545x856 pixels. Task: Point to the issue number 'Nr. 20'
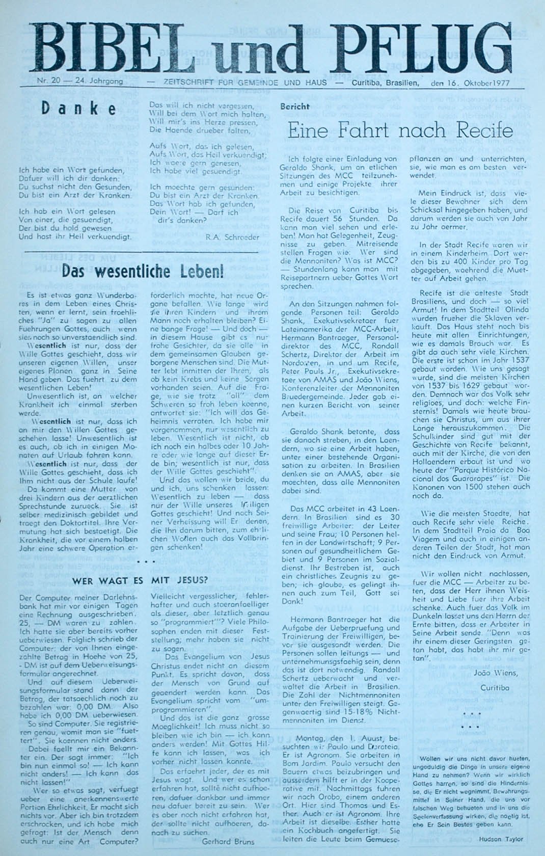(x=48, y=81)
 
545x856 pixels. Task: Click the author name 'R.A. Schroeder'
(x=232, y=237)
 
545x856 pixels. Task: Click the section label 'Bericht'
(x=294, y=106)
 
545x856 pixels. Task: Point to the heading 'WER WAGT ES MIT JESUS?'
(x=140, y=580)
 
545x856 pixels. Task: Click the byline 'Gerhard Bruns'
(x=229, y=842)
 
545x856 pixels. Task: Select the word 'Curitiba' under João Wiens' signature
(x=495, y=688)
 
